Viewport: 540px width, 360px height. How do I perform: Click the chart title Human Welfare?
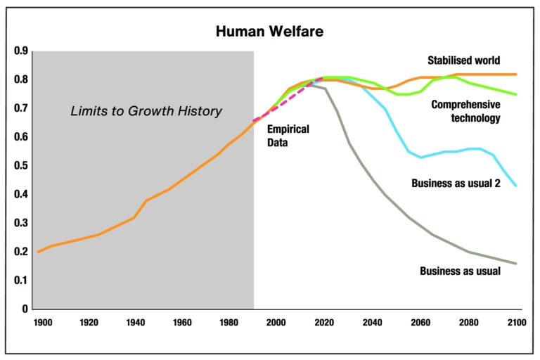[269, 32]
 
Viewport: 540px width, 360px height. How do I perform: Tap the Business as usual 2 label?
[456, 184]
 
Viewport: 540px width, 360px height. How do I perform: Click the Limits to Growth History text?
[146, 110]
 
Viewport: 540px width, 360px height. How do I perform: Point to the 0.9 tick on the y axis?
[20, 51]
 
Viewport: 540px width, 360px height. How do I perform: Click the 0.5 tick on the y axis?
[20, 165]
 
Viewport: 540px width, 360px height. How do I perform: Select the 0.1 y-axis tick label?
[20, 280]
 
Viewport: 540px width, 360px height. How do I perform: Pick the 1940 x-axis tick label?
[135, 323]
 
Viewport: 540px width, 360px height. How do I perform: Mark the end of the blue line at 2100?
[517, 186]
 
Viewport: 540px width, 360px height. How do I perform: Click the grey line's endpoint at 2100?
[517, 264]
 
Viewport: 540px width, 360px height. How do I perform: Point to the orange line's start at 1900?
[38, 252]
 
